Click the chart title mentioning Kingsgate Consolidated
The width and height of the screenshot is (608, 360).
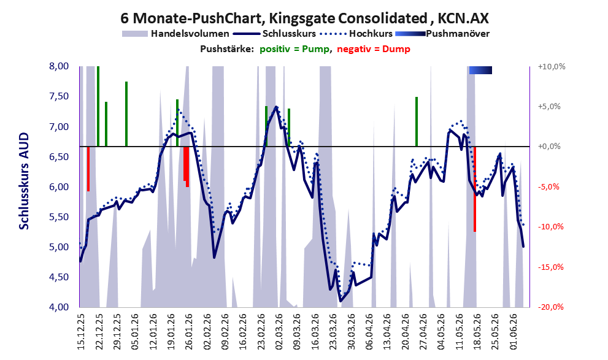click(304, 18)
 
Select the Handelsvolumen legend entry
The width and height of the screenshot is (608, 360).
click(175, 34)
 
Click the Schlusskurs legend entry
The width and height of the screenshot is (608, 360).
click(274, 34)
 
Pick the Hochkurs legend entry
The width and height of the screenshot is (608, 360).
click(356, 34)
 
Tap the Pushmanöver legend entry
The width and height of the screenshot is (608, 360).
click(442, 34)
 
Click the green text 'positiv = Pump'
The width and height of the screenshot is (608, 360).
click(294, 49)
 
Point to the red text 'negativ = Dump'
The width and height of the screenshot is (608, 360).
click(374, 49)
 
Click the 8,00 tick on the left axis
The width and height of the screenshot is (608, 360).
click(59, 66)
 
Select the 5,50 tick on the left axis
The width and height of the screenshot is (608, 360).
click(59, 217)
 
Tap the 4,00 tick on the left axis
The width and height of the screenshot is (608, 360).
click(59, 307)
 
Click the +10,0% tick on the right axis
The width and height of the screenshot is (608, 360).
click(552, 67)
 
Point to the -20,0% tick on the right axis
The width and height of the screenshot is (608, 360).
click(551, 307)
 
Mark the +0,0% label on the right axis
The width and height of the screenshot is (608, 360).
click(549, 147)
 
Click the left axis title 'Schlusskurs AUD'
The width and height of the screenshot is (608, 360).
click(24, 181)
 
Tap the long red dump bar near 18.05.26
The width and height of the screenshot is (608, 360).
click(475, 189)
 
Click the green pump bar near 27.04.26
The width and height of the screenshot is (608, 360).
click(417, 121)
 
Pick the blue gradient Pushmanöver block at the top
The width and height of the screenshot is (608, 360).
click(480, 70)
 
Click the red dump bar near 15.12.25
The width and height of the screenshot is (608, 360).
click(88, 169)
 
